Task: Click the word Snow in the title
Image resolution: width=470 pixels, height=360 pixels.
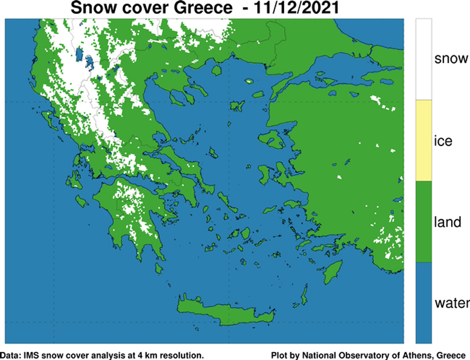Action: click(94, 9)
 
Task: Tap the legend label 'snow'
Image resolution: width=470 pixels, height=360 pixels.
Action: click(451, 58)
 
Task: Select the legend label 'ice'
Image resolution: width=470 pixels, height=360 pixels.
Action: click(443, 141)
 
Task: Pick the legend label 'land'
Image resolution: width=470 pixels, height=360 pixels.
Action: click(447, 222)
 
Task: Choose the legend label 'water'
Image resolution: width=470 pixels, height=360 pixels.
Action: click(451, 303)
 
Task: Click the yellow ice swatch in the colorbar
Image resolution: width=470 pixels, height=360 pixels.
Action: click(423, 140)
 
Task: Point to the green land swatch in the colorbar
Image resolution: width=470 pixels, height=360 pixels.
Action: click(423, 222)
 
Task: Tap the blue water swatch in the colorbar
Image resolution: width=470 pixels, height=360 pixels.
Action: click(423, 303)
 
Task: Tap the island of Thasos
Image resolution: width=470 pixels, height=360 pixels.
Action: click(217, 70)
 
